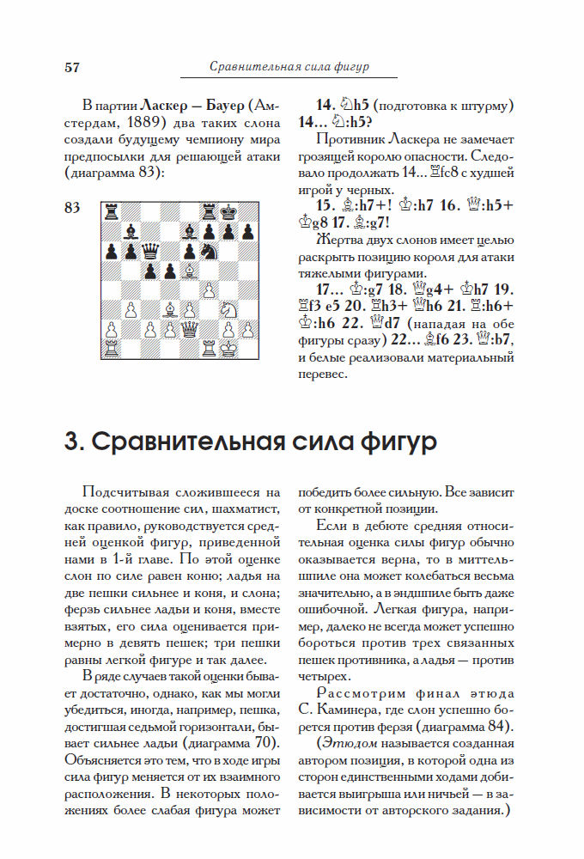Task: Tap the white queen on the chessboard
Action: click(188, 330)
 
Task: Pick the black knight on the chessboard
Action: click(209, 251)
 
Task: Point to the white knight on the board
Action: click(209, 290)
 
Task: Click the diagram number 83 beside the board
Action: click(72, 207)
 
